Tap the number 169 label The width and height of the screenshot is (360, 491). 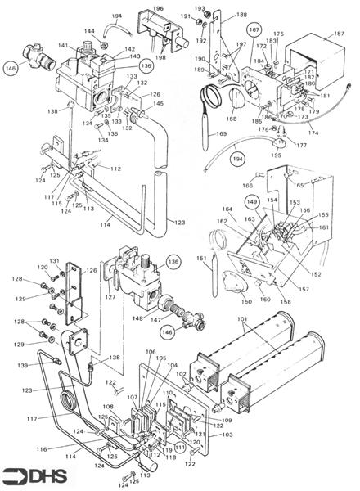[x=220, y=133]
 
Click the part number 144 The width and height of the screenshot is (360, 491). [x=112, y=30]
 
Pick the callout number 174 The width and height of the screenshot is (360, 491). [x=313, y=133]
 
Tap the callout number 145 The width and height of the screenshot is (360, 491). [x=157, y=104]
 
